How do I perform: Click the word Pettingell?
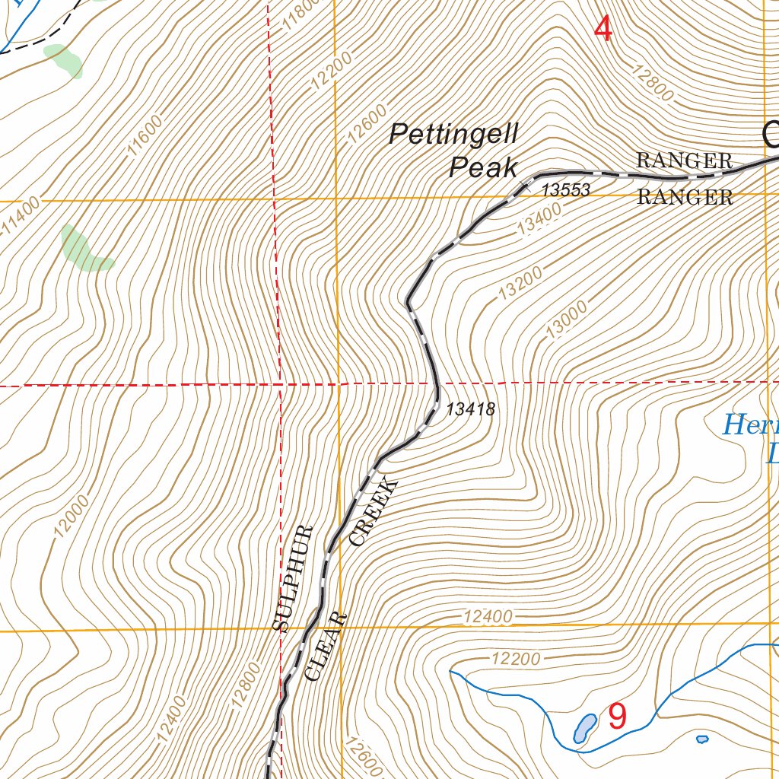(453, 135)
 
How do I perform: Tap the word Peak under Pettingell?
(483, 167)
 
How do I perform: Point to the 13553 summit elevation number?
(565, 190)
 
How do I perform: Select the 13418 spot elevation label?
(470, 409)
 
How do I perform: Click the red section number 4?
(603, 30)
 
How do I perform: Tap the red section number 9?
(617, 716)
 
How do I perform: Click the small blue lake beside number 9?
(583, 728)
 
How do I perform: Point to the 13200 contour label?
(521, 282)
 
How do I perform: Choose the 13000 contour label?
(567, 318)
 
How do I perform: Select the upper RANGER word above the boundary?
(684, 161)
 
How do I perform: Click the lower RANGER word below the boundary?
(685, 198)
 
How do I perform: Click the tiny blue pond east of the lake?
(702, 739)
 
